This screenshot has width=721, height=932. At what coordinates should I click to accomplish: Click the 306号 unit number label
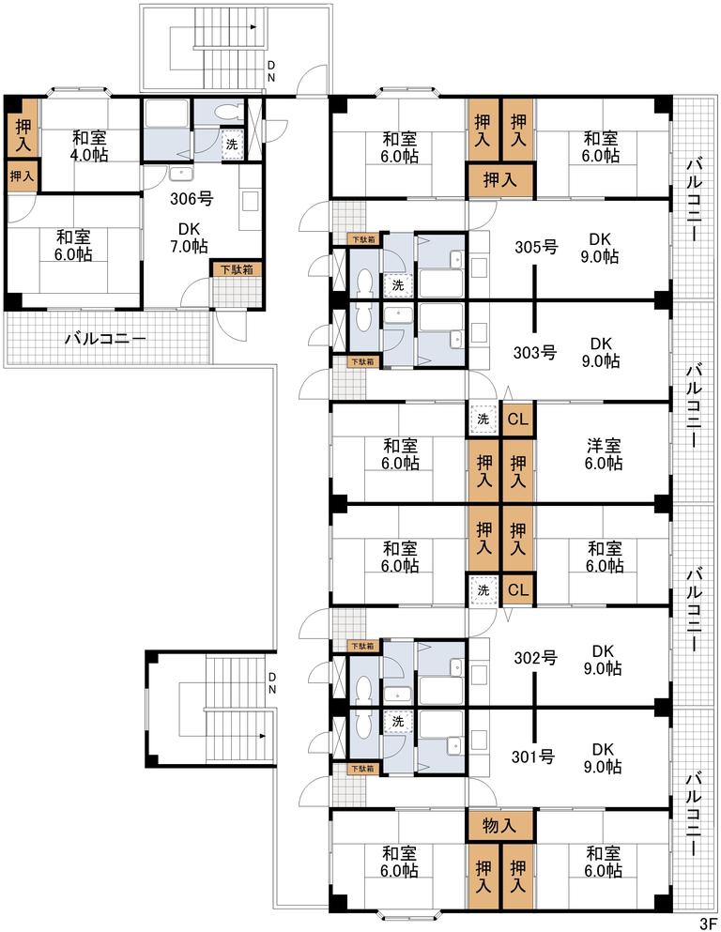[192, 199]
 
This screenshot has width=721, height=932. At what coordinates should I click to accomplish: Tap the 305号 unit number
[536, 246]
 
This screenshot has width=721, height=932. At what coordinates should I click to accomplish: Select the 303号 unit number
[535, 353]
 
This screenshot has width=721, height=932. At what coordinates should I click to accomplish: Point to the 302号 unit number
[535, 658]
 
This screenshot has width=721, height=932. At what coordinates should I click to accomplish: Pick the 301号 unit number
[534, 756]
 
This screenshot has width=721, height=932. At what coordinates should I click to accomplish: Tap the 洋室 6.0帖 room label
[604, 454]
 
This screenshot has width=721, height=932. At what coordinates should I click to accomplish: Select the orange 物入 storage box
[499, 826]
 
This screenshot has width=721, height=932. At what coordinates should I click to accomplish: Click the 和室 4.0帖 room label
[90, 146]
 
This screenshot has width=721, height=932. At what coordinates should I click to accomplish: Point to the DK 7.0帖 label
[189, 237]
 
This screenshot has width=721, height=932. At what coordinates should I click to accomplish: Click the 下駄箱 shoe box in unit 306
[238, 269]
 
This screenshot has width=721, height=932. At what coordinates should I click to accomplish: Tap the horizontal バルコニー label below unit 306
[106, 340]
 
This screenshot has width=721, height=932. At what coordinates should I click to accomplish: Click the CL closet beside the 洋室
[517, 419]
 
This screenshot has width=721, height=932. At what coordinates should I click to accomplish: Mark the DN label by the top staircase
[271, 70]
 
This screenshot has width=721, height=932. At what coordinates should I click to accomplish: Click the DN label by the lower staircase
[271, 683]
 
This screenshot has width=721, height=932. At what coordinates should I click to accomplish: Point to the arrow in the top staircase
[252, 26]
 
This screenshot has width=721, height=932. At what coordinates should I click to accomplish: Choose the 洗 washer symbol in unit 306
[232, 144]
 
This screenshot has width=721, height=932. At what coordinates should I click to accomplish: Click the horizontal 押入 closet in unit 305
[499, 179]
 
